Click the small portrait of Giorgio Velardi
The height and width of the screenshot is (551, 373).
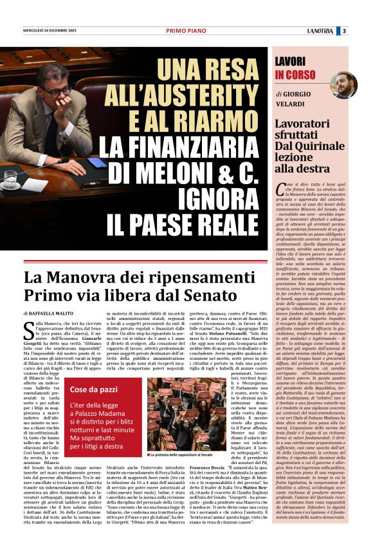pyautogui.click(x=343, y=85)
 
